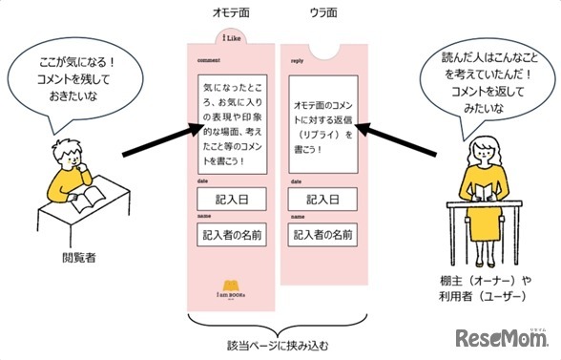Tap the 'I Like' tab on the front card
(x=229, y=40)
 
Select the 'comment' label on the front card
(x=209, y=59)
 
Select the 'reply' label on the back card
(x=297, y=59)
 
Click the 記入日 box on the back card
(x=322, y=200)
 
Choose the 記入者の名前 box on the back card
(x=322, y=234)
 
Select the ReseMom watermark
(x=501, y=338)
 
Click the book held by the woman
(x=486, y=191)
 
